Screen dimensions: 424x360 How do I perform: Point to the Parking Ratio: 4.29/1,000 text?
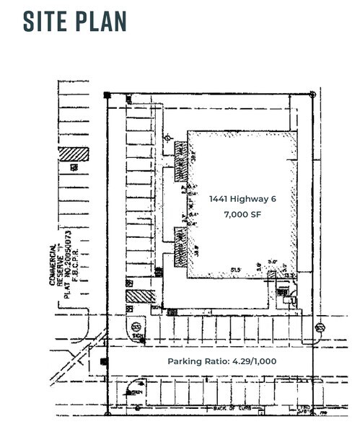(x=221, y=361)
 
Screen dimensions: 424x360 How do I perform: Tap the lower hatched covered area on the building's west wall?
(x=180, y=239)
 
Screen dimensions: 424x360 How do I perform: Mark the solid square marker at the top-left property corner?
(x=107, y=94)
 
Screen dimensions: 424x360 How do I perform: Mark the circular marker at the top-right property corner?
(x=312, y=94)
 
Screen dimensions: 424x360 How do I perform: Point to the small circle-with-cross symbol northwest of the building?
(x=167, y=137)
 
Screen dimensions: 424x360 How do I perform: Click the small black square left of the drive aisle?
(x=104, y=361)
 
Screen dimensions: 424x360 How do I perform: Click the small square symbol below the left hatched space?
(x=74, y=167)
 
